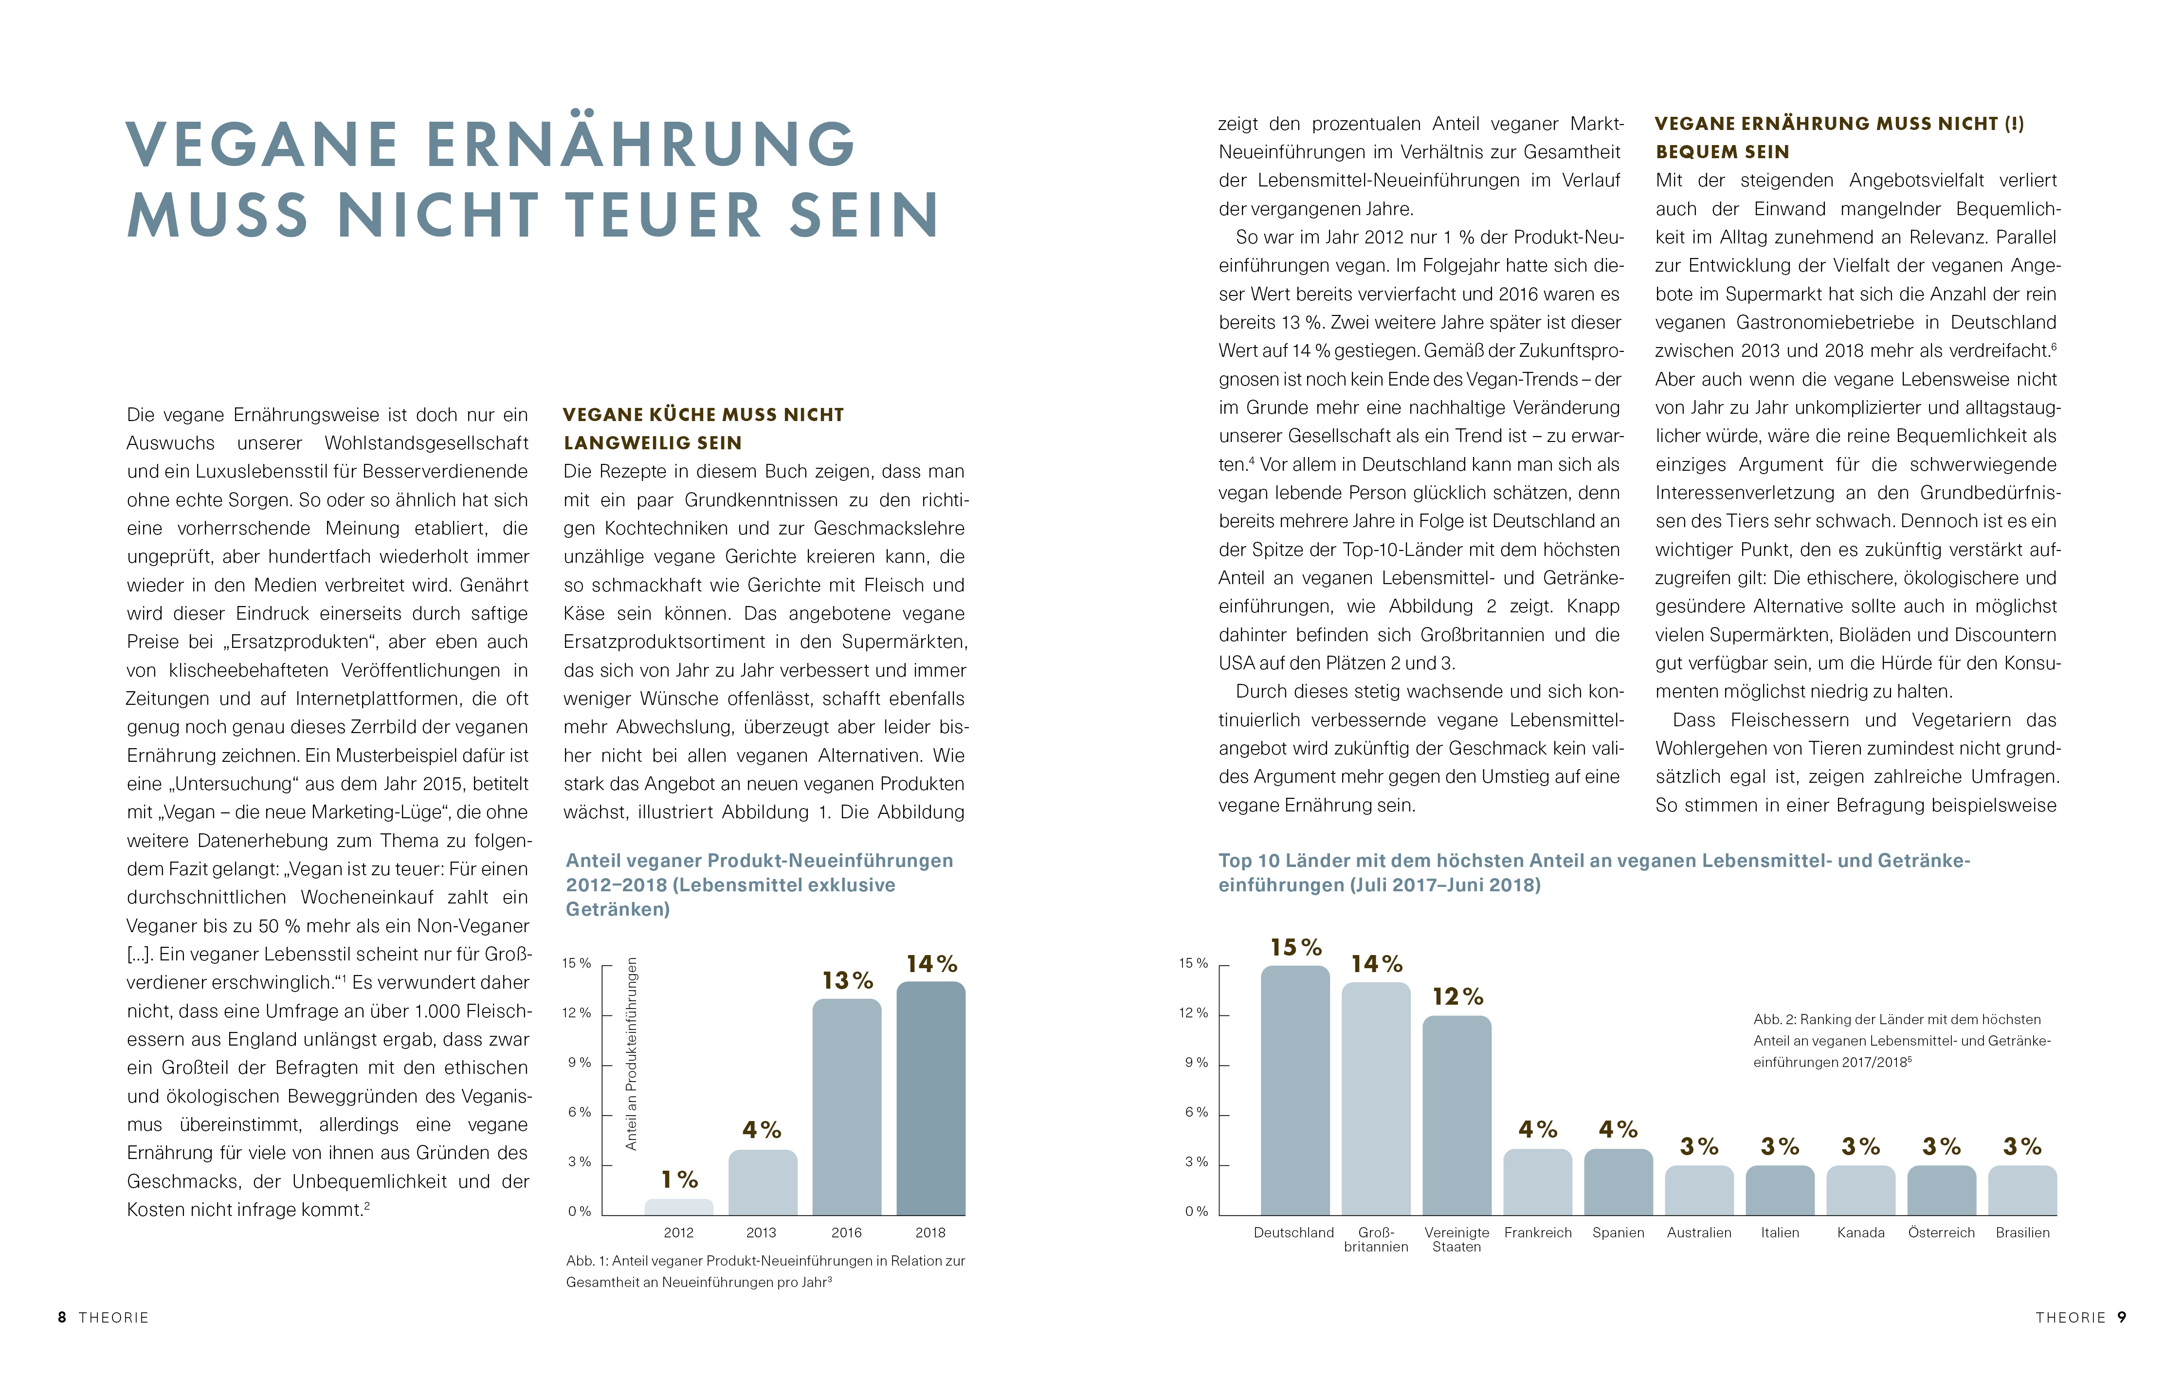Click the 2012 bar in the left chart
pyautogui.click(x=678, y=1207)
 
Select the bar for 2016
pyautogui.click(x=846, y=1107)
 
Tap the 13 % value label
pyautogui.click(x=847, y=981)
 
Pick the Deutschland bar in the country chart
pyautogui.click(x=1294, y=1090)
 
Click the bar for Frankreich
pyautogui.click(x=1537, y=1182)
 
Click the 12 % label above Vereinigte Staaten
pyautogui.click(x=1457, y=997)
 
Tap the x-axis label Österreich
pyautogui.click(x=1941, y=1232)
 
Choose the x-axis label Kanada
pyautogui.click(x=1860, y=1232)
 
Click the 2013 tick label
pyautogui.click(x=761, y=1232)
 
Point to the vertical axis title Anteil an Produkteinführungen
pyautogui.click(x=631, y=1053)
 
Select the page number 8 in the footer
pyautogui.click(x=62, y=1317)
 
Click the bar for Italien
pyautogui.click(x=1780, y=1190)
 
